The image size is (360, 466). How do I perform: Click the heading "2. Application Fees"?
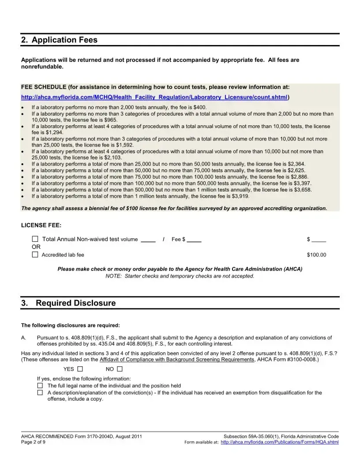point(59,40)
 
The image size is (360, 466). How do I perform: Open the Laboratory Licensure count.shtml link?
point(154,97)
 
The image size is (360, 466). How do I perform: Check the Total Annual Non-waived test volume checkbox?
point(35,239)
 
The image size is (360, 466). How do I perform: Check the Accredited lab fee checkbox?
point(35,255)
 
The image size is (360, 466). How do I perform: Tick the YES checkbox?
point(80,369)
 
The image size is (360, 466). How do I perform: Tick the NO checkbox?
point(120,369)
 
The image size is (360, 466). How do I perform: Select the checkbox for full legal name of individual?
point(40,386)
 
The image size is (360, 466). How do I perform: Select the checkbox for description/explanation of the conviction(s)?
point(40,392)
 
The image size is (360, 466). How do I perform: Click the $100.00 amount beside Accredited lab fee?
point(316,255)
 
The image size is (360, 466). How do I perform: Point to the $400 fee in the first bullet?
point(200,107)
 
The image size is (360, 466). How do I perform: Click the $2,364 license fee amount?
point(296,163)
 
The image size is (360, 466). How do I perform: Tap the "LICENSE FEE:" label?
point(41,225)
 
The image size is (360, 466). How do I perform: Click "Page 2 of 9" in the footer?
point(33,442)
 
